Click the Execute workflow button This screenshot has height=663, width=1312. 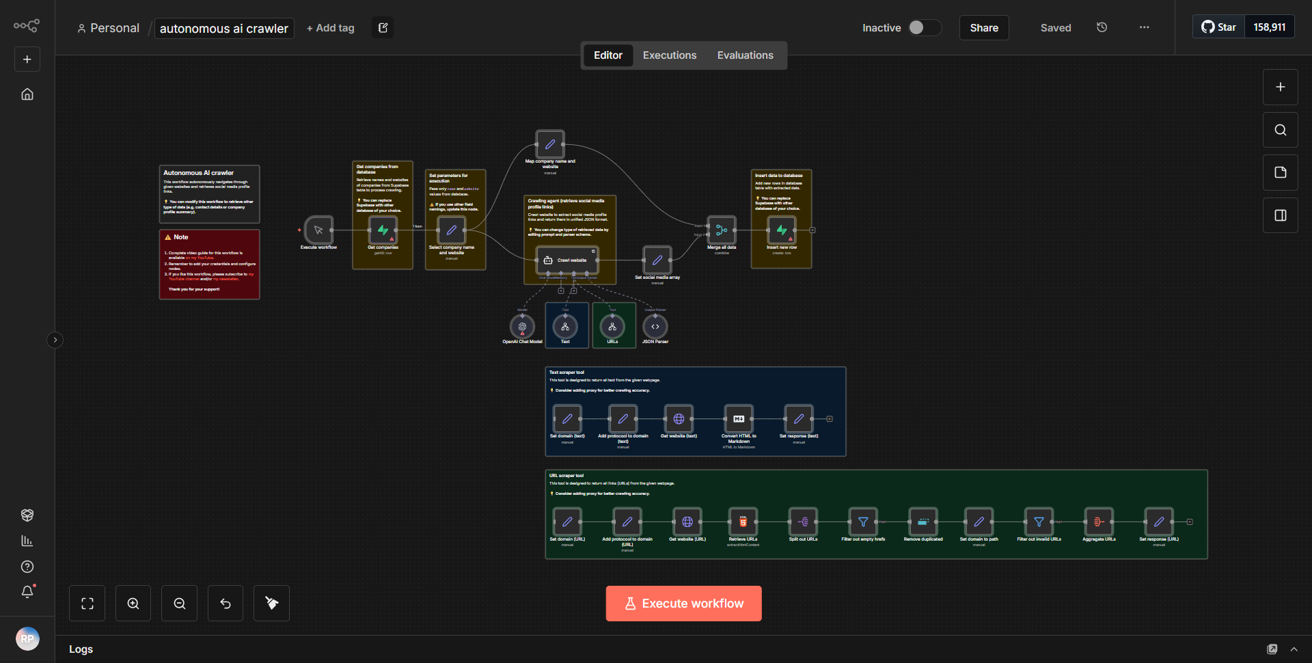[x=683, y=604]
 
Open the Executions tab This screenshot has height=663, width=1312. [x=669, y=55]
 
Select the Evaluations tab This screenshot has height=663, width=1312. [x=745, y=55]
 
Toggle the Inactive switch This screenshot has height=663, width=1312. [x=924, y=27]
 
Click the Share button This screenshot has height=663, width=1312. [x=983, y=28]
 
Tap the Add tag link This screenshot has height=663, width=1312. [x=330, y=28]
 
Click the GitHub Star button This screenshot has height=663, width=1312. [x=1219, y=27]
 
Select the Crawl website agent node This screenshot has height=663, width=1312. [x=567, y=260]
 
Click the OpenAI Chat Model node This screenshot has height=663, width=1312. [x=522, y=327]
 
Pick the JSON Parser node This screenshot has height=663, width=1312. [x=655, y=327]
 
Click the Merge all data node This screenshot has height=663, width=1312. [x=722, y=230]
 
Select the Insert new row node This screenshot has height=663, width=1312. [x=781, y=230]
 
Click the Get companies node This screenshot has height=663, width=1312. [x=383, y=230]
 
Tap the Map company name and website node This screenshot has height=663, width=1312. [x=550, y=145]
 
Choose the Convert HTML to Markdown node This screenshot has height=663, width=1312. [x=739, y=419]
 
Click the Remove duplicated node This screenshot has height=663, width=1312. [x=922, y=522]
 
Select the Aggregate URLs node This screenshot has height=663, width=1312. [x=1099, y=522]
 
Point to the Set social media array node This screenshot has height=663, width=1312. [x=657, y=260]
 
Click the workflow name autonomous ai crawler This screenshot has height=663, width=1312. [x=224, y=29]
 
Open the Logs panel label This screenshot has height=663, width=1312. [x=81, y=649]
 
